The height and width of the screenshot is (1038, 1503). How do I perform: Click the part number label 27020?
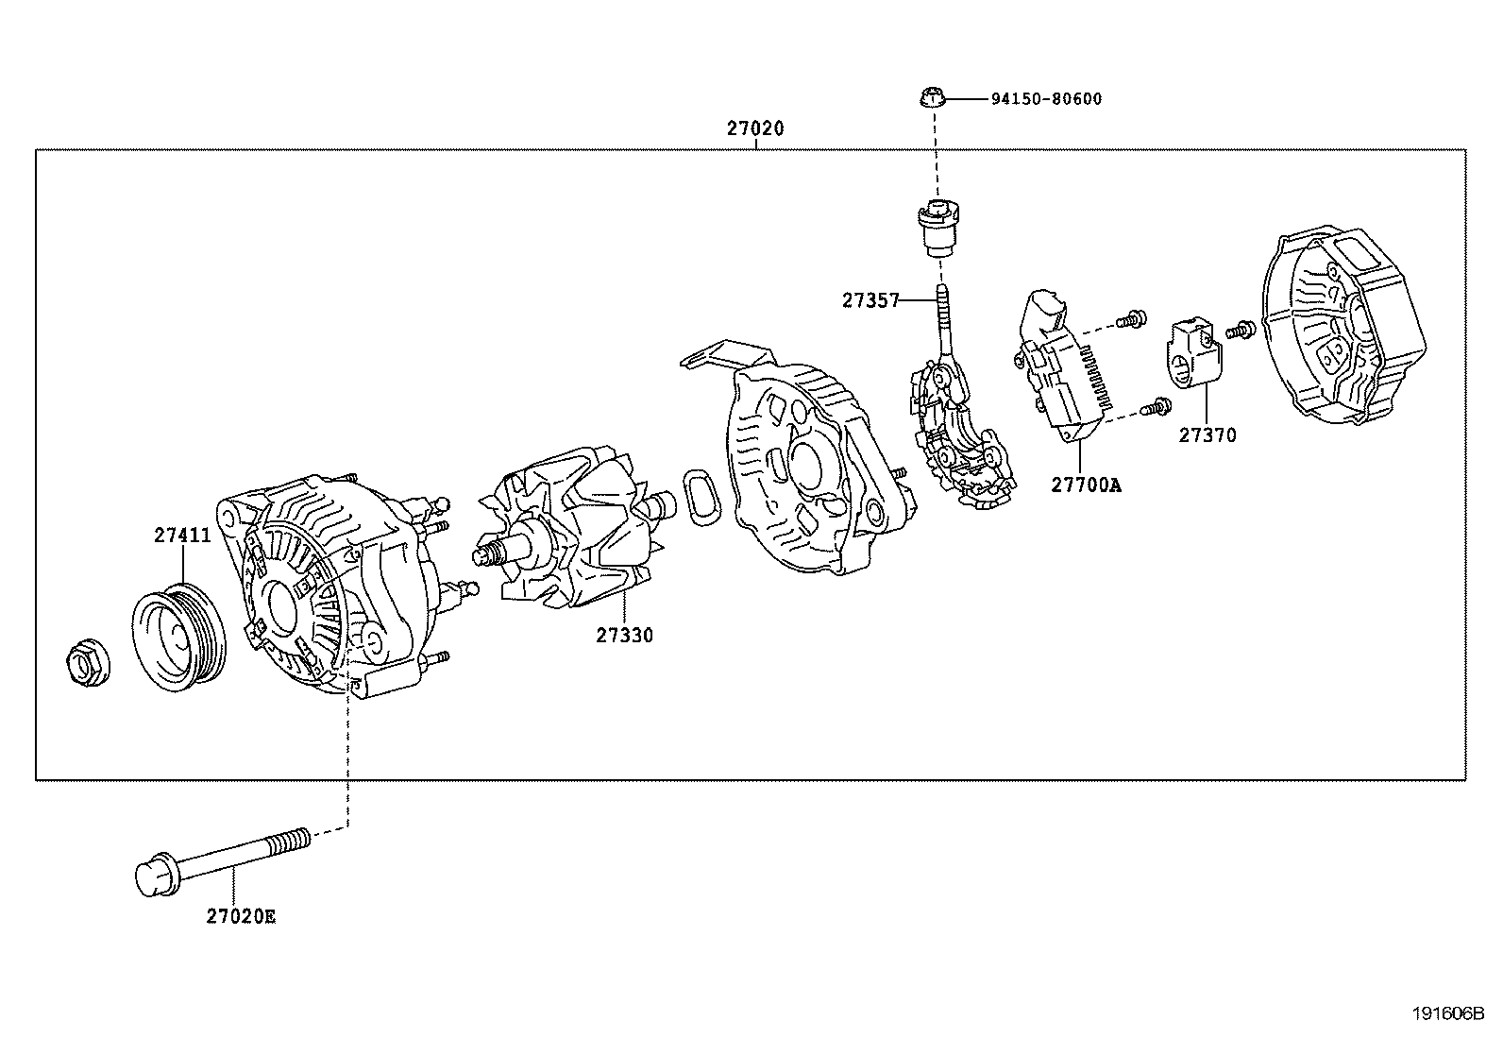[755, 128]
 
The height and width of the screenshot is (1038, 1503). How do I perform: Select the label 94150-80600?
[1045, 99]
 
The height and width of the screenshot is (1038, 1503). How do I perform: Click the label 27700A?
[1086, 485]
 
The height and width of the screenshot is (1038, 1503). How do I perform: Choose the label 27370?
[1207, 435]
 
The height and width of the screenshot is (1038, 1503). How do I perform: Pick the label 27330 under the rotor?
[624, 636]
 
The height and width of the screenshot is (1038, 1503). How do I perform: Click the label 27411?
[182, 536]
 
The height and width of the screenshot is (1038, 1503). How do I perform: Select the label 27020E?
[242, 916]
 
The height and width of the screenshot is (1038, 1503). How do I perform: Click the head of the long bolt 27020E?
[156, 876]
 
